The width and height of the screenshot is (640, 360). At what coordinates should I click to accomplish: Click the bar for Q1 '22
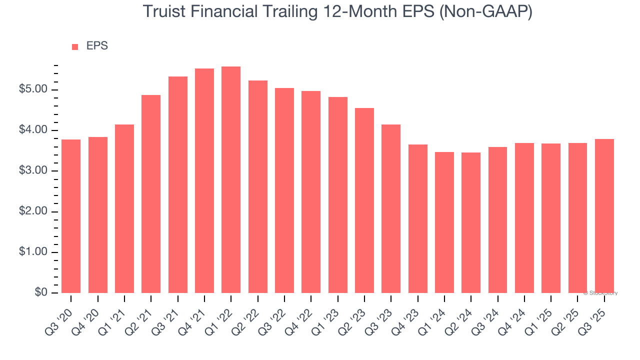[231, 180]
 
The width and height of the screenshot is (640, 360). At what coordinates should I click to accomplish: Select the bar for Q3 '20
[71, 216]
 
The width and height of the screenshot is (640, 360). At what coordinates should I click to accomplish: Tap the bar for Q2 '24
[471, 222]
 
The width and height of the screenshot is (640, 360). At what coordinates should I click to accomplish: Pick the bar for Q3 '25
[604, 216]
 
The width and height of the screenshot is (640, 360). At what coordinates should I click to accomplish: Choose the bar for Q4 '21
[204, 180]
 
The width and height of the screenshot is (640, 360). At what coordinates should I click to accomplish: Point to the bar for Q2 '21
[151, 194]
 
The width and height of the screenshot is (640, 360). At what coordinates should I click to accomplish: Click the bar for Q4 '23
[418, 218]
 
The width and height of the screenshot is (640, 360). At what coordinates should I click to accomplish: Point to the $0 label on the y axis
[41, 293]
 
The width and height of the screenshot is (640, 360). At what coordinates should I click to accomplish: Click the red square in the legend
[75, 47]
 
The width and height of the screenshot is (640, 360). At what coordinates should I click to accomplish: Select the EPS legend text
[97, 46]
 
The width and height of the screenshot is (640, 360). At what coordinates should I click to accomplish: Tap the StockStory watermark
[600, 293]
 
